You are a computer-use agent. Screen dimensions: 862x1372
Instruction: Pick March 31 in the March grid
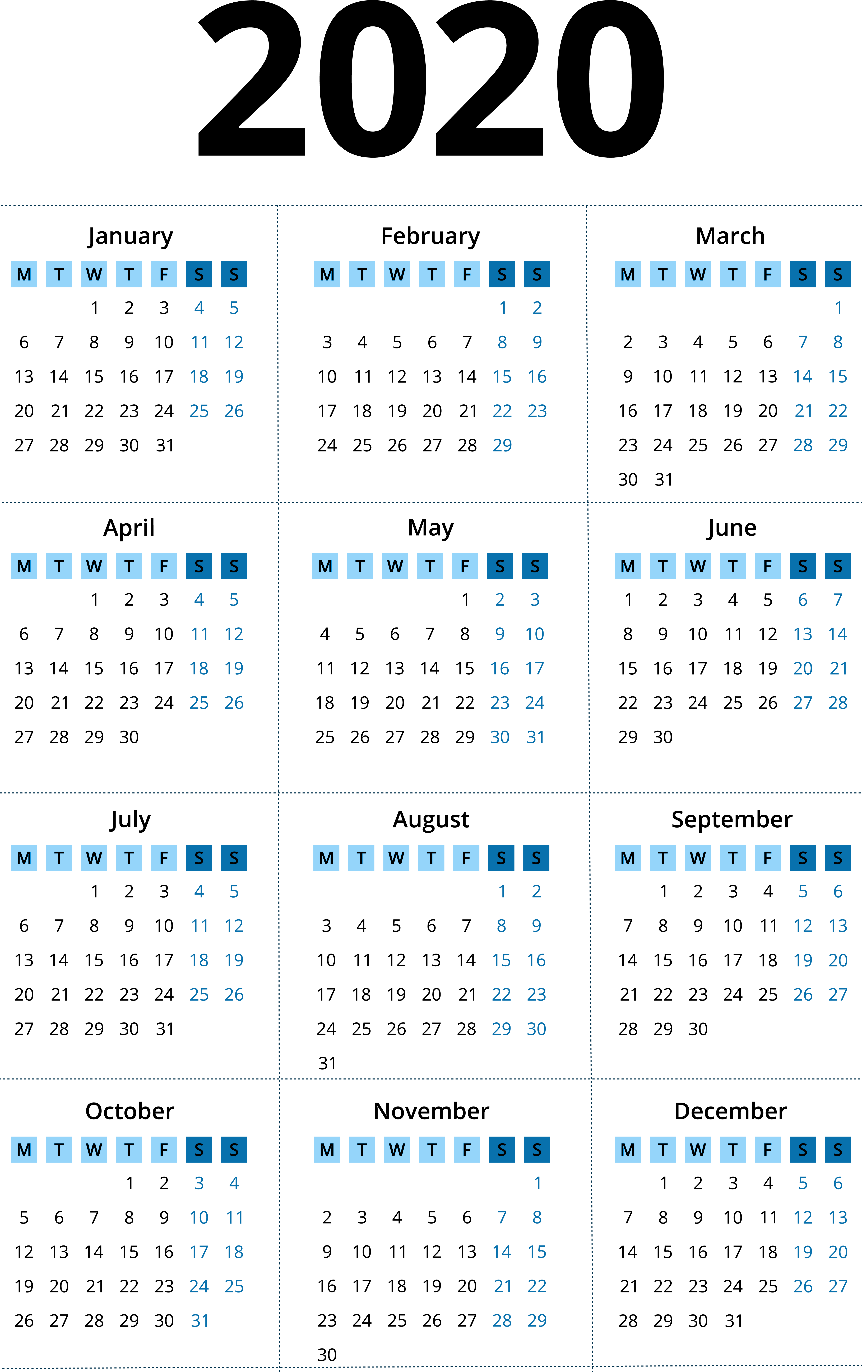pyautogui.click(x=663, y=480)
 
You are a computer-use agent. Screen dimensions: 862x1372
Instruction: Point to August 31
pyautogui.click(x=327, y=1063)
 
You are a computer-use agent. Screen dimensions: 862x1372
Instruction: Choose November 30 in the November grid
pyautogui.click(x=327, y=1355)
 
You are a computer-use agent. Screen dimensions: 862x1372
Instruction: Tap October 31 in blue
pyautogui.click(x=199, y=1321)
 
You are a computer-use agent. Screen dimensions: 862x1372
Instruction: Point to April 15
pyautogui.click(x=94, y=668)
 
